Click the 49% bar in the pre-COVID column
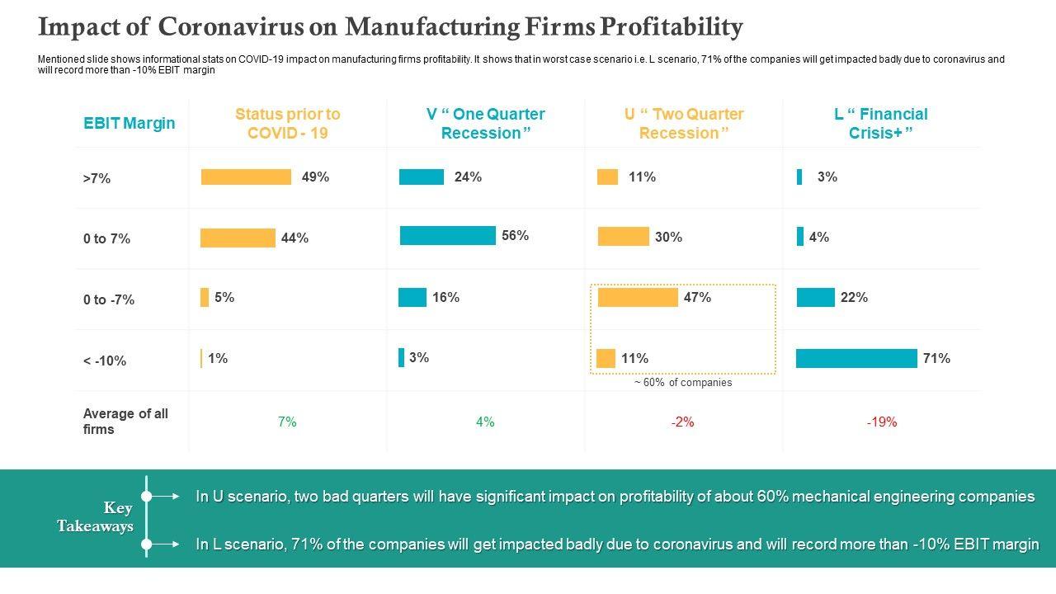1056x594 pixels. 246,177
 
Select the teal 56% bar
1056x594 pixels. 447,236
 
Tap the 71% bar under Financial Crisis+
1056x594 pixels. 856,358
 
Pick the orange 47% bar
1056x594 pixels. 638,297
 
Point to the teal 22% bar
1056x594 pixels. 815,297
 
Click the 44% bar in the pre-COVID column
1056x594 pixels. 238,238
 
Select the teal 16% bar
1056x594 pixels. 412,297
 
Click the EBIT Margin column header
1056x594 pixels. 130,123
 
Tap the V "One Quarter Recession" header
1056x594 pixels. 485,123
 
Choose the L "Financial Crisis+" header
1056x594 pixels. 880,123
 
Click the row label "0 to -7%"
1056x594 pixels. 109,299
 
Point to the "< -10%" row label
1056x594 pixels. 105,361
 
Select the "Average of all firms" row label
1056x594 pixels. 125,422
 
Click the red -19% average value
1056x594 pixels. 881,422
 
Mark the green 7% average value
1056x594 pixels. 287,422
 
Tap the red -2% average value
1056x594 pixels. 682,422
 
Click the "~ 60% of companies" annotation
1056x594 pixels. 683,383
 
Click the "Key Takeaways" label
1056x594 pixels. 96,516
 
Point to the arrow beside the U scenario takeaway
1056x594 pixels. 168,496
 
